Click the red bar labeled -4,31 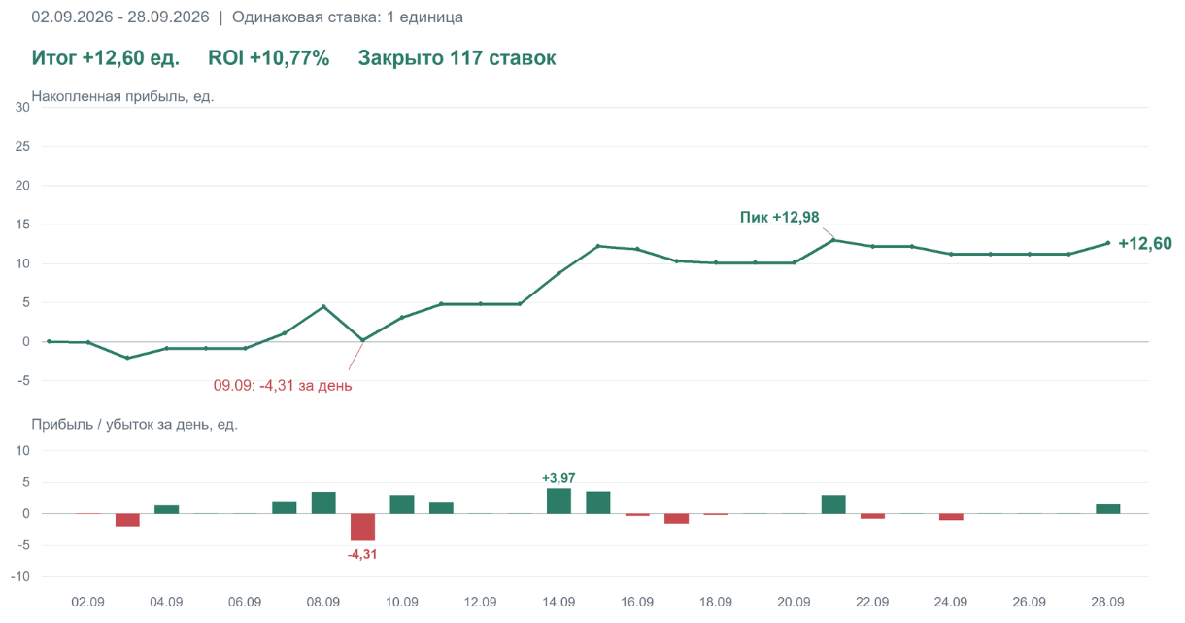tap(362, 527)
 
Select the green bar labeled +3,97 tap(559, 501)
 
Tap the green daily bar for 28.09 tap(1107, 508)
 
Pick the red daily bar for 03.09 tap(127, 520)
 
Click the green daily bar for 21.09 tap(833, 503)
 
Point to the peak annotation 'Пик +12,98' tap(779, 217)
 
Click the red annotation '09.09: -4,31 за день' tap(283, 385)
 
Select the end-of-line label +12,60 tap(1145, 244)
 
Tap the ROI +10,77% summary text tap(269, 57)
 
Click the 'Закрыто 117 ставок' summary tap(457, 57)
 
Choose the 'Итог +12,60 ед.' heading tap(106, 57)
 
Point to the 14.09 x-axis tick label tap(559, 602)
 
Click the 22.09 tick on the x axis tap(872, 602)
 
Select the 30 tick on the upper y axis tap(22, 108)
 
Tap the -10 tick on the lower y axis tap(20, 576)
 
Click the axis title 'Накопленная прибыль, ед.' tap(122, 96)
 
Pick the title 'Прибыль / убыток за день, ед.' tap(135, 424)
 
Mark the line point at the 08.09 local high tap(323, 306)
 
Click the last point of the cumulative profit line tap(1107, 243)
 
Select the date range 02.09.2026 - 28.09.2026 tap(120, 17)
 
